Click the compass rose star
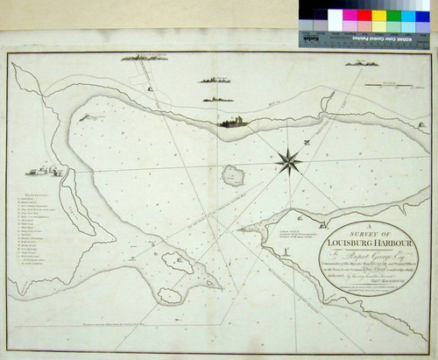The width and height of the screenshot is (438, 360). coord(288,160)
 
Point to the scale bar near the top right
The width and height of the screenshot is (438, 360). coord(385,85)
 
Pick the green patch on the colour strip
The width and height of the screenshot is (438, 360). coord(393,15)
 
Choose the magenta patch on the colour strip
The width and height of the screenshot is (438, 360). coord(349,15)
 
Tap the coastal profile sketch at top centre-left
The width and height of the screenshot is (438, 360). coord(145,58)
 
